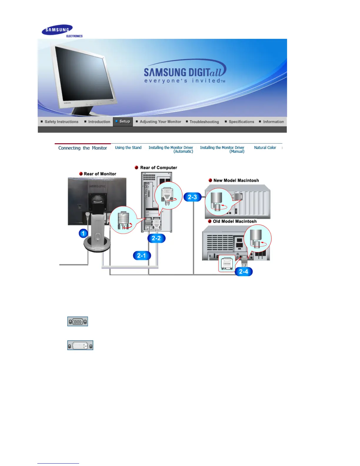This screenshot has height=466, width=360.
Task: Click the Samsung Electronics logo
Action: click(x=62, y=31)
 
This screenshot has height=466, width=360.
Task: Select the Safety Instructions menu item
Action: click(x=61, y=122)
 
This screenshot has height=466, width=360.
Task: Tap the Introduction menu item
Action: click(x=99, y=122)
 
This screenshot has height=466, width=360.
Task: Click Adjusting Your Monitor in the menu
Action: click(x=160, y=122)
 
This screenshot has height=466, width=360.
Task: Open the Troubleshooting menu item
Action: click(x=204, y=122)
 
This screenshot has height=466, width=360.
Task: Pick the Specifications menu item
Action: click(x=241, y=122)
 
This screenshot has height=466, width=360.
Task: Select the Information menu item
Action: click(x=273, y=122)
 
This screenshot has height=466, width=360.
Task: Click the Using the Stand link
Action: click(x=128, y=148)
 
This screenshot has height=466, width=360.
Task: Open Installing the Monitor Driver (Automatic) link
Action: click(x=171, y=149)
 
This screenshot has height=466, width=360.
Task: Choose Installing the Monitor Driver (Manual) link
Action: click(x=222, y=149)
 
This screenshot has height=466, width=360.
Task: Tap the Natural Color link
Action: click(x=265, y=148)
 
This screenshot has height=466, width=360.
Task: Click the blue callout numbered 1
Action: click(x=83, y=234)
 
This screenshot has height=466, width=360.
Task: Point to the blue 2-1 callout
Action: click(x=142, y=255)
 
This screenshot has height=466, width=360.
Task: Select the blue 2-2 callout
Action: click(x=156, y=238)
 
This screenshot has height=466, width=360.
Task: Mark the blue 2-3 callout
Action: click(x=192, y=197)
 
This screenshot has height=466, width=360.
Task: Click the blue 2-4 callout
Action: click(x=244, y=272)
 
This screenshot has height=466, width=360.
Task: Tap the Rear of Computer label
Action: click(x=159, y=168)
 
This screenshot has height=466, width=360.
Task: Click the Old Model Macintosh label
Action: click(x=234, y=221)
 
